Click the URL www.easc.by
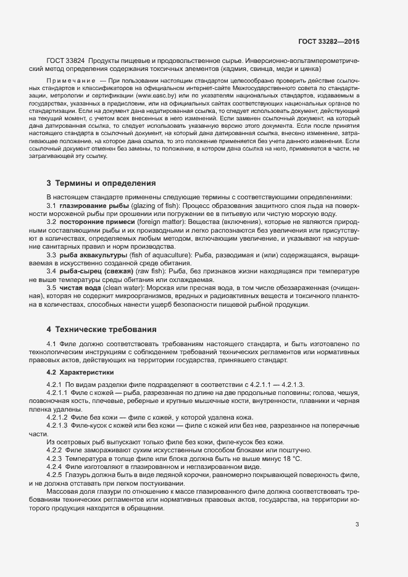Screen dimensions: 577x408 154,97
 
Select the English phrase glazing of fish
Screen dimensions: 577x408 152,205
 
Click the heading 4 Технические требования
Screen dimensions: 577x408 101,329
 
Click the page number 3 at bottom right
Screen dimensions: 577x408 357,525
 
